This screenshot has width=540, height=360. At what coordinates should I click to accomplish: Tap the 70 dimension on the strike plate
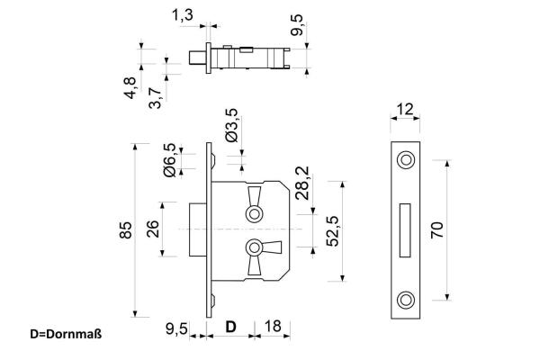(436, 229)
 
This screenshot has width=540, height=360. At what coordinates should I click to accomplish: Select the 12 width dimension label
(407, 110)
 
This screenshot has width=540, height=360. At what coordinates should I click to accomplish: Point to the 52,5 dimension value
(333, 230)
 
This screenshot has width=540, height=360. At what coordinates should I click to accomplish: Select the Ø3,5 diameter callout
(231, 124)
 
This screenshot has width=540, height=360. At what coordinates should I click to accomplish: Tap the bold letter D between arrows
(230, 327)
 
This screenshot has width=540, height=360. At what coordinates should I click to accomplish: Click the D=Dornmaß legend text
(66, 335)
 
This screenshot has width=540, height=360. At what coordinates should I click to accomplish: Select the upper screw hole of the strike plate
(407, 160)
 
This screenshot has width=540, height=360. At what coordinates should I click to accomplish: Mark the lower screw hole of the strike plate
(407, 299)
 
